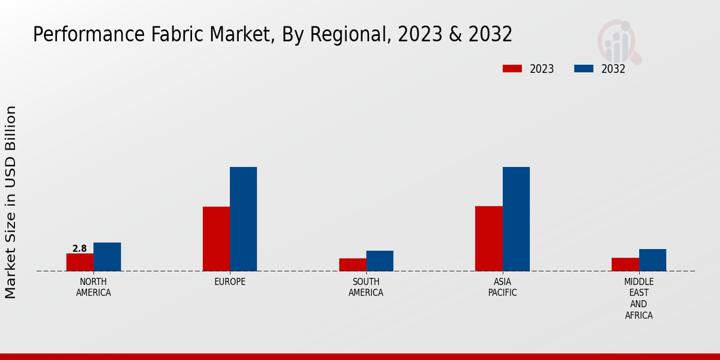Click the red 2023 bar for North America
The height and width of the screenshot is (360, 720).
80,262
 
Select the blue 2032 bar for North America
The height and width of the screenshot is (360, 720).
107,257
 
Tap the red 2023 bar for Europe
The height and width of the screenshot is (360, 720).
216,239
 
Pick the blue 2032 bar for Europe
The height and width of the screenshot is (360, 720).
243,219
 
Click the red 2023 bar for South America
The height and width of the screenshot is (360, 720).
352,265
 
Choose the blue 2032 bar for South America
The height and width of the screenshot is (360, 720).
380,261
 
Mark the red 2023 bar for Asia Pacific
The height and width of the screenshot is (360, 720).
488,238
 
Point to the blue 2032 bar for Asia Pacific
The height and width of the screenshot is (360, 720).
516,219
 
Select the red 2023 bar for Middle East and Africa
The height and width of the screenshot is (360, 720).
625,264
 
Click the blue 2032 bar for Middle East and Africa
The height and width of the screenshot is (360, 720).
652,260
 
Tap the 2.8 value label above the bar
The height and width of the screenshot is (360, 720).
80,248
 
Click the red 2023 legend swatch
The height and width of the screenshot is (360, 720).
512,69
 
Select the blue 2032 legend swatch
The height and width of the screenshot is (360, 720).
583,69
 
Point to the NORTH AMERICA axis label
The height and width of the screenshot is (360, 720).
94,287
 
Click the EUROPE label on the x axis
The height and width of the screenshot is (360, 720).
230,282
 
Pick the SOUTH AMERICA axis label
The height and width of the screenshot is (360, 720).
366,287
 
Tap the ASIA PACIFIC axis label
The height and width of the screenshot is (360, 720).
502,287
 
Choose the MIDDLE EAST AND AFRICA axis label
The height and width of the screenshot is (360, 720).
638,299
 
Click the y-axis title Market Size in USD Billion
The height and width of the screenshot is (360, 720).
11,202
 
